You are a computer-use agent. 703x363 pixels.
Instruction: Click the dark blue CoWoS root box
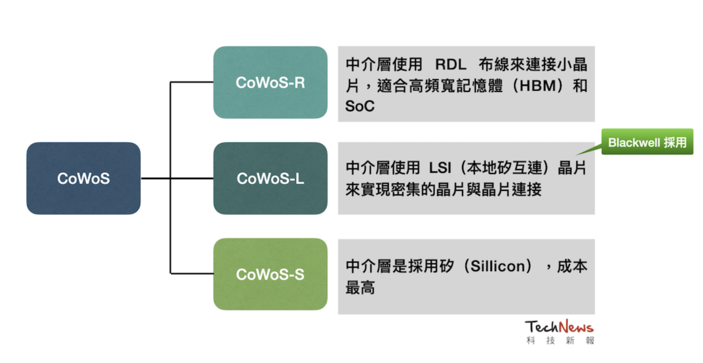click(84, 178)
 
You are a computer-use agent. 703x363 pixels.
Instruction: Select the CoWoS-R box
click(270, 82)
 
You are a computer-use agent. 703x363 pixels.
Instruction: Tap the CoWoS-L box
click(270, 178)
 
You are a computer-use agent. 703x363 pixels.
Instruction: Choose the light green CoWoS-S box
click(270, 274)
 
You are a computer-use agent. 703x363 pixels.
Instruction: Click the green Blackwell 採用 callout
click(647, 142)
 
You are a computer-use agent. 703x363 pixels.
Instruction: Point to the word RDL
click(451, 65)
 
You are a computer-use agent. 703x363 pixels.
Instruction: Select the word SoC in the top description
click(360, 106)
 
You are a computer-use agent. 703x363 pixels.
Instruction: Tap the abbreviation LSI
click(440, 168)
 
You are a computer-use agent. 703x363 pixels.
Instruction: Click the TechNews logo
click(560, 326)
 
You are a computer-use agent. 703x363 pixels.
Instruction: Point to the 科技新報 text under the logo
click(560, 340)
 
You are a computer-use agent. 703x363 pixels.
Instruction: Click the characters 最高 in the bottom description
click(360, 287)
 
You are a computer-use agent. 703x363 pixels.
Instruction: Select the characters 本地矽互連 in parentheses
click(504, 168)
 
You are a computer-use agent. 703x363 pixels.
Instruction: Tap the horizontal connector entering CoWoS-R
click(192, 82)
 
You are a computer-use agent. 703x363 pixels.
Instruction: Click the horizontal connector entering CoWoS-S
click(192, 274)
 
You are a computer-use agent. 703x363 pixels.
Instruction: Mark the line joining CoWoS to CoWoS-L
click(177, 178)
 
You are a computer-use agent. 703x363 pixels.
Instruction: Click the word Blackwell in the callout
click(634, 143)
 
